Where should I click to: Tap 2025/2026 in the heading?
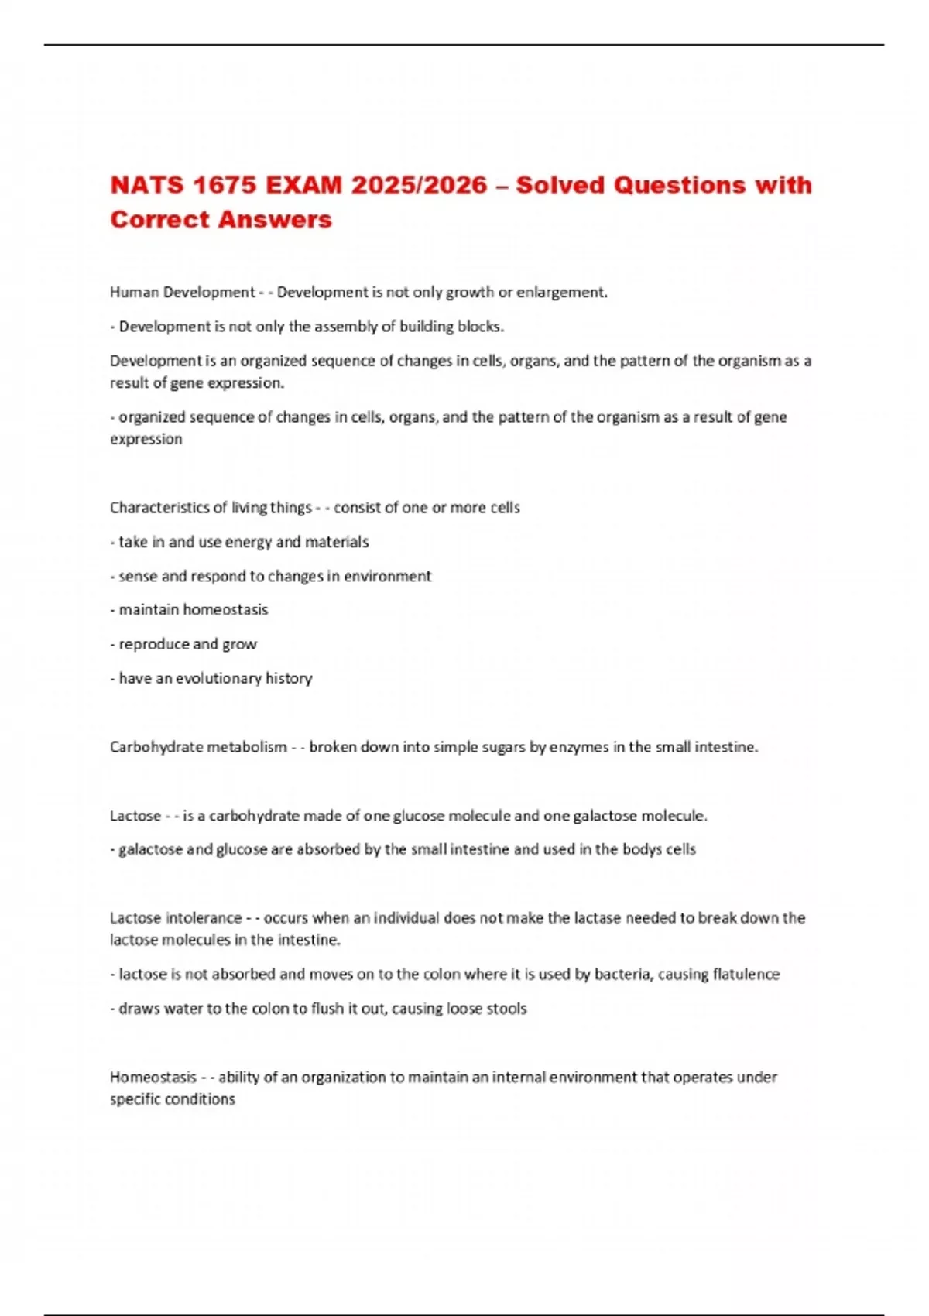tap(419, 186)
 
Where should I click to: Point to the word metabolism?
tap(252, 747)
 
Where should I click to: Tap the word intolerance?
tap(203, 918)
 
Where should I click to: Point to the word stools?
tap(506, 1009)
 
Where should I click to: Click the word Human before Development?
tap(134, 293)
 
